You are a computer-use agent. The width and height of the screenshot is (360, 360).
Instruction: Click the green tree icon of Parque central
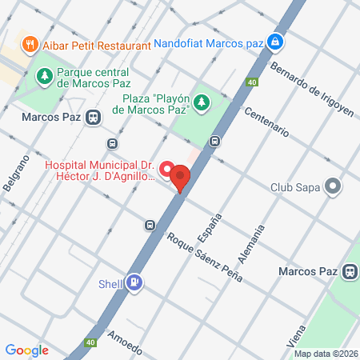click(x=45, y=76)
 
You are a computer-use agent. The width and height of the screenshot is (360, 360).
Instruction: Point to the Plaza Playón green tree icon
click(x=202, y=102)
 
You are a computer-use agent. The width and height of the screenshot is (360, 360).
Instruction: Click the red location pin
click(x=181, y=178)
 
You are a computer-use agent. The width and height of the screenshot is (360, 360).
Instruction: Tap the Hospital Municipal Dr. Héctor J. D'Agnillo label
click(x=99, y=170)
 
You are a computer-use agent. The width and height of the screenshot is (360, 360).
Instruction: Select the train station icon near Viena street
click(x=349, y=272)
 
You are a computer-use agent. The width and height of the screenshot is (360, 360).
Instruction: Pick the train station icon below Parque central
click(x=94, y=118)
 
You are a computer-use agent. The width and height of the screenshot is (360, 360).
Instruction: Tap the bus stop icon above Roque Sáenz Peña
click(x=150, y=225)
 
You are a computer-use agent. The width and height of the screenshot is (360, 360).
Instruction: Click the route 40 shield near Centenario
click(x=252, y=82)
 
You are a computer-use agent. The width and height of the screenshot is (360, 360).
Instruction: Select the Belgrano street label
click(x=22, y=172)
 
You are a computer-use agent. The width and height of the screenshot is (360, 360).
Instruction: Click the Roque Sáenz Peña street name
click(x=204, y=260)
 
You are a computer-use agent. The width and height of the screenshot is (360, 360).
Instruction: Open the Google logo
click(x=26, y=350)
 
